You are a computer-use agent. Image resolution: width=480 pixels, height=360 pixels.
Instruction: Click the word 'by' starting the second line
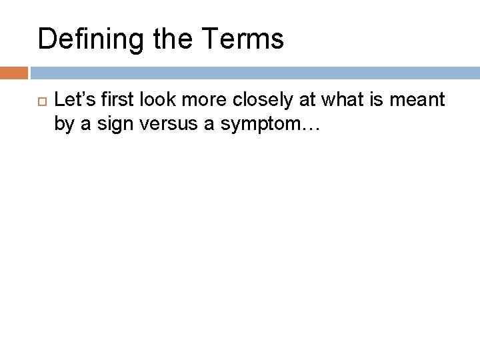coord(63,125)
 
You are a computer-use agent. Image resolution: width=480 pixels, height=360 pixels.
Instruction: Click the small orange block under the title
coord(14,72)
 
